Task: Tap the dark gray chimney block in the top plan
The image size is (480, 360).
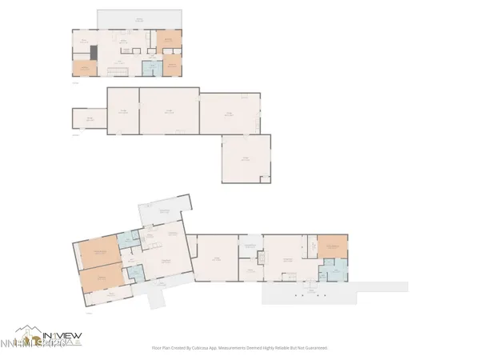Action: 94,53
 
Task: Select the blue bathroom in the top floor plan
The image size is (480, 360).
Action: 148,67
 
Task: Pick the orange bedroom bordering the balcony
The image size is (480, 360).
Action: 169,39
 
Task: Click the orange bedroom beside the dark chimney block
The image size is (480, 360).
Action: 82,68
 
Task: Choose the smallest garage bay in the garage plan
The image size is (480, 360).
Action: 90,119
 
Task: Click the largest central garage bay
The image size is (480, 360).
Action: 169,112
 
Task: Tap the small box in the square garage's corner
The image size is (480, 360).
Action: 268,177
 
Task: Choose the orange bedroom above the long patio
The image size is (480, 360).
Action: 332,246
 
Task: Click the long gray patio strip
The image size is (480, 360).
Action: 336,293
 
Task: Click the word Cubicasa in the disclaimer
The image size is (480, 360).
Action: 209,348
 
